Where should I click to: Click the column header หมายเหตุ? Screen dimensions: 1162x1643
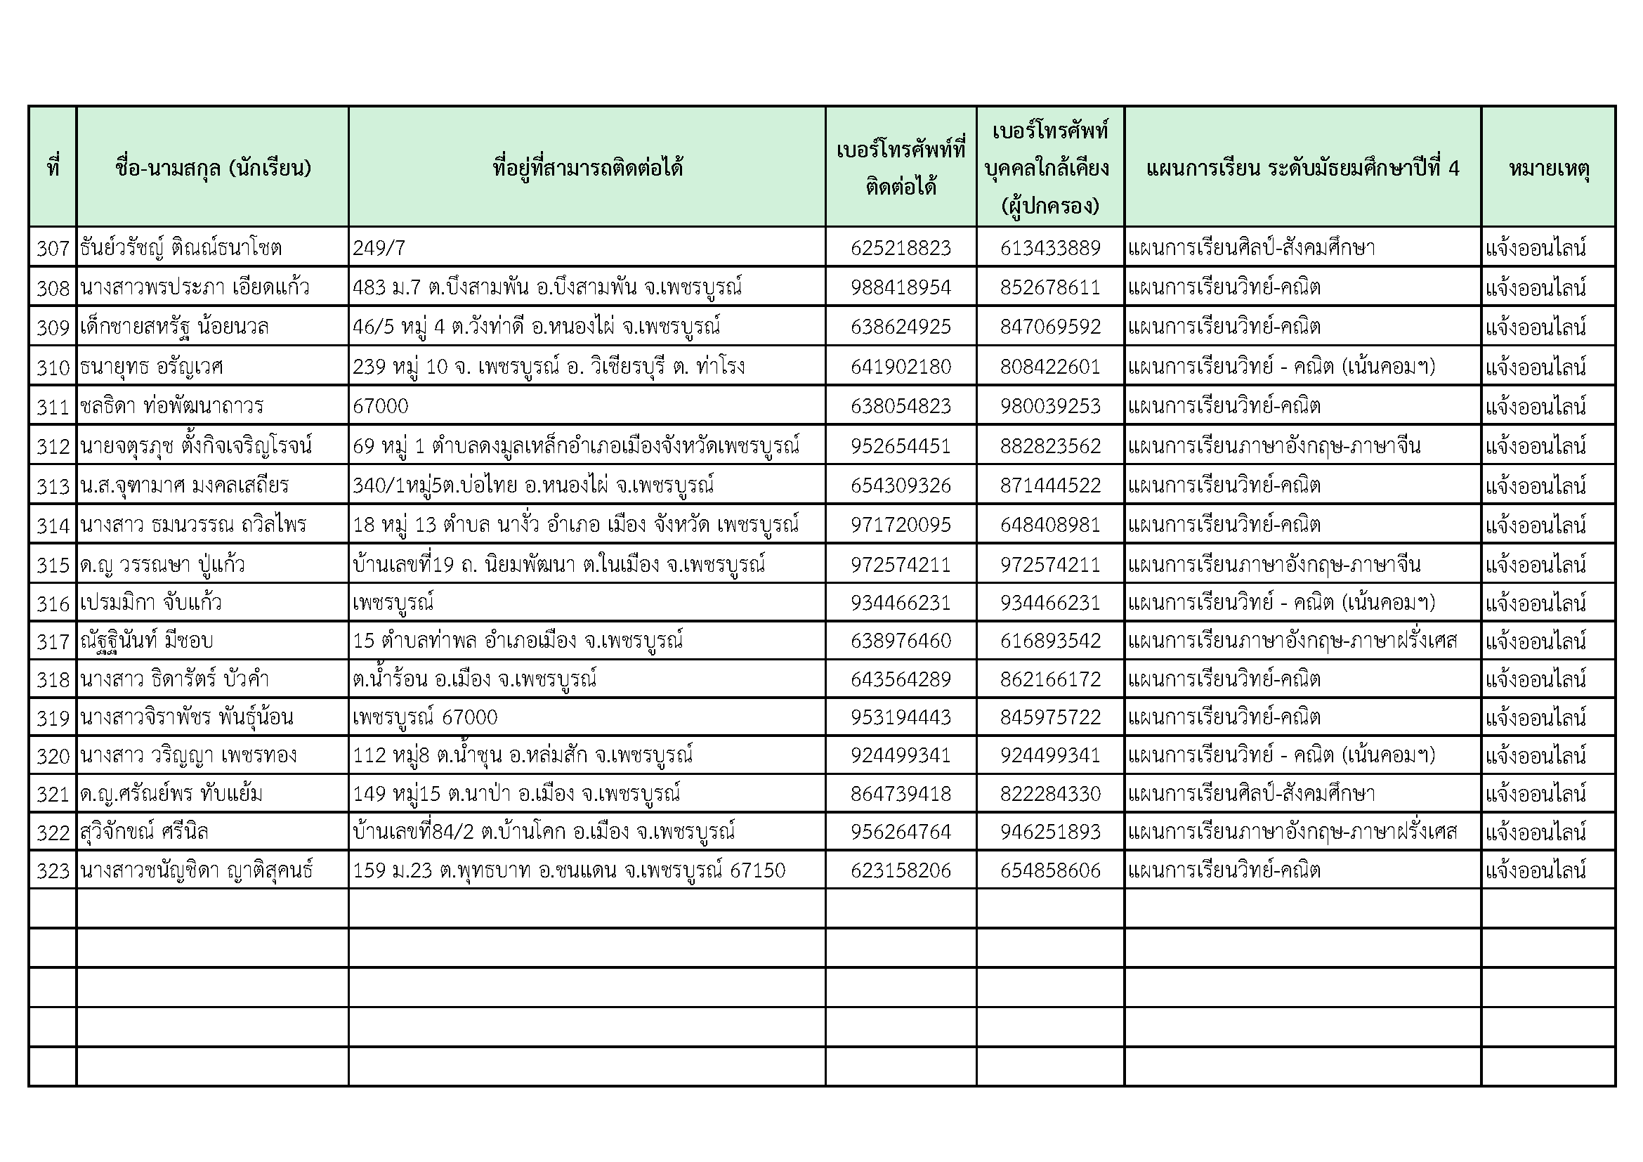(1549, 169)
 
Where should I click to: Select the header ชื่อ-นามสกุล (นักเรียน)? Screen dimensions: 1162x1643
(213, 169)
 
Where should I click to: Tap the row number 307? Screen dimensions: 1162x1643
(53, 248)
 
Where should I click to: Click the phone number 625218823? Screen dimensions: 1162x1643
(901, 248)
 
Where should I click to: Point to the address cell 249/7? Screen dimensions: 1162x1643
(379, 248)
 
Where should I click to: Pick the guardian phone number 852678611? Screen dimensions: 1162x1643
(1049, 287)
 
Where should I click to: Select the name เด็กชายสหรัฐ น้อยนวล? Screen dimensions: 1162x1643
(175, 327)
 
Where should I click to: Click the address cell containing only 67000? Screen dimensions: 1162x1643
(381, 406)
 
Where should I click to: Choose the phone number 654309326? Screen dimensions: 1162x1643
(901, 486)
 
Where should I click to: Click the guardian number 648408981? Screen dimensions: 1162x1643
(1049, 525)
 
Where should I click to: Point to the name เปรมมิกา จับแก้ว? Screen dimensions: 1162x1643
(151, 603)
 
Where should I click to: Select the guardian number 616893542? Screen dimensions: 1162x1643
(1049, 641)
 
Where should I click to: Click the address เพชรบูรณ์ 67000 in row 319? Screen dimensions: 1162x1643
(425, 717)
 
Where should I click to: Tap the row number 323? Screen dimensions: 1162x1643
(53, 870)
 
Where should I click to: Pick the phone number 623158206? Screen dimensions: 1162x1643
(901, 870)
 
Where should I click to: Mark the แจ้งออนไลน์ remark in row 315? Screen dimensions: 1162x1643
(1536, 565)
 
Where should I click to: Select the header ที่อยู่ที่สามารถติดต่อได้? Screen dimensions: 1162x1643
(587, 169)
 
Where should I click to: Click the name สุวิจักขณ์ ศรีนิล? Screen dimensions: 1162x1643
(145, 832)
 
